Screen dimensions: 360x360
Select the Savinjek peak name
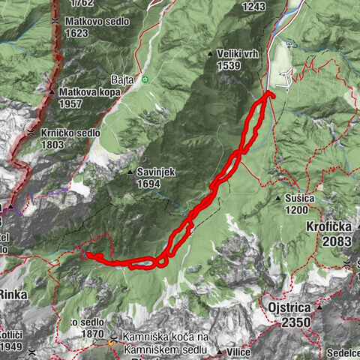click(x=156, y=171)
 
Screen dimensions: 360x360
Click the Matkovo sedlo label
click(x=97, y=22)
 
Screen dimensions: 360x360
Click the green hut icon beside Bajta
click(x=145, y=78)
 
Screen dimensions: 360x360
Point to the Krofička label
click(x=328, y=226)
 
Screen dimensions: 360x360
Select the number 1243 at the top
click(x=254, y=6)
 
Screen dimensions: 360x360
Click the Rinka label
click(x=13, y=295)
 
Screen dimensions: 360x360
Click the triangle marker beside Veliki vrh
click(x=210, y=53)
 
